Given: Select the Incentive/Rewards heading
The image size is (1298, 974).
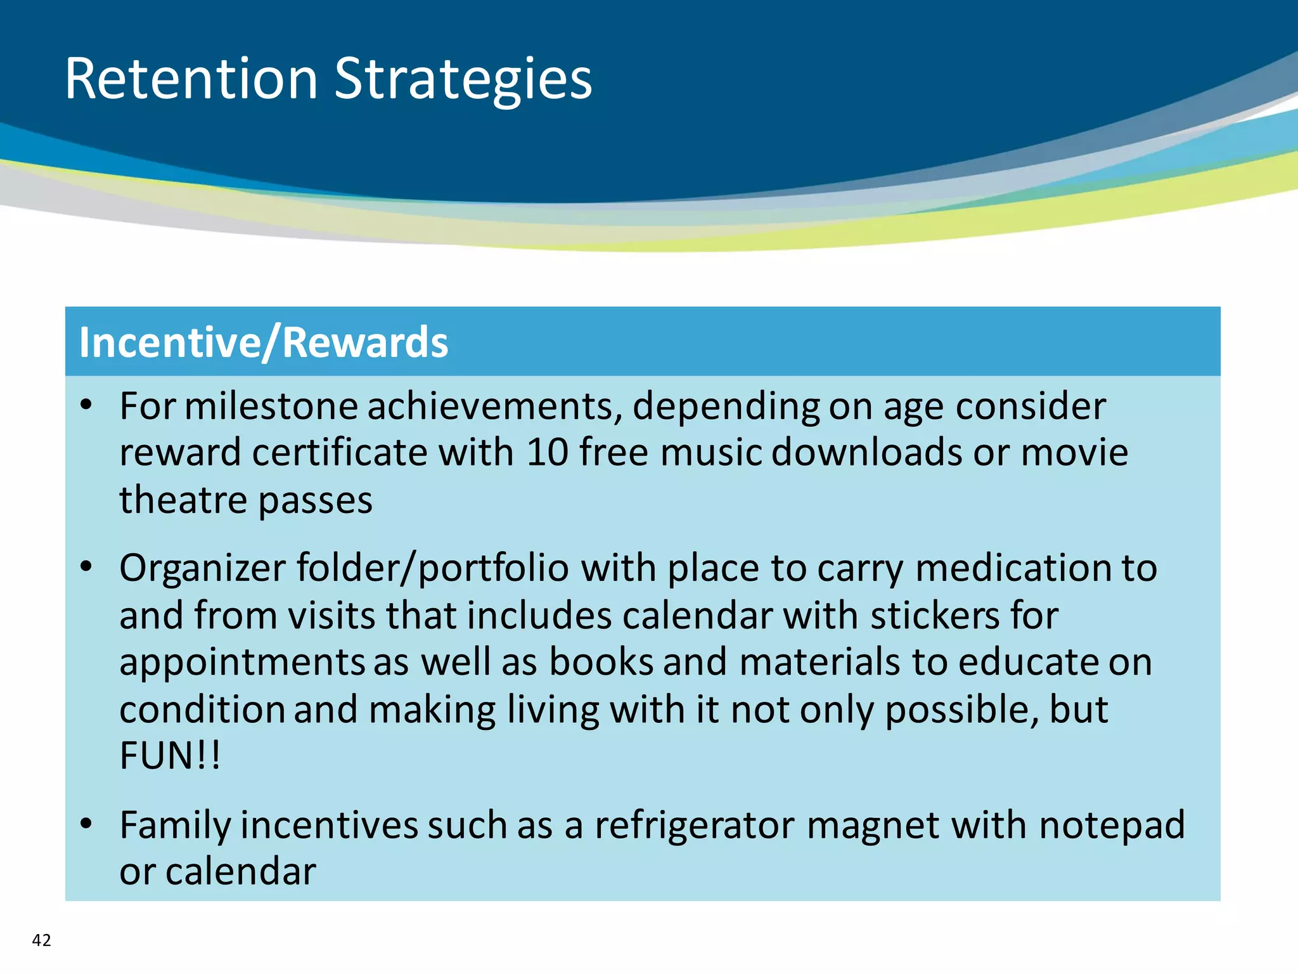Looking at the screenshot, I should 264,342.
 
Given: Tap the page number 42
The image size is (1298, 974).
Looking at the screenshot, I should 42,940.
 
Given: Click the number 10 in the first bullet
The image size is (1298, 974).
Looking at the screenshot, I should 547,453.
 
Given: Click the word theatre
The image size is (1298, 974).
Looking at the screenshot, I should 183,500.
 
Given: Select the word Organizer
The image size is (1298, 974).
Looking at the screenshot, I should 202,568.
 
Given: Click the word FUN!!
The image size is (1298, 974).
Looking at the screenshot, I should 170,756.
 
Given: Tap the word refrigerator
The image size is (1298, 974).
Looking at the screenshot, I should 695,826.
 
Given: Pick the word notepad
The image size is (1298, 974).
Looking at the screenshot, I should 1112,826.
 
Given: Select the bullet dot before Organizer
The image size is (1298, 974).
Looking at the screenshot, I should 87,566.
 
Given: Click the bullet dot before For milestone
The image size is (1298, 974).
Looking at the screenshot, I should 87,405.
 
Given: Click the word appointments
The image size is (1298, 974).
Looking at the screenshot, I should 241,663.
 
